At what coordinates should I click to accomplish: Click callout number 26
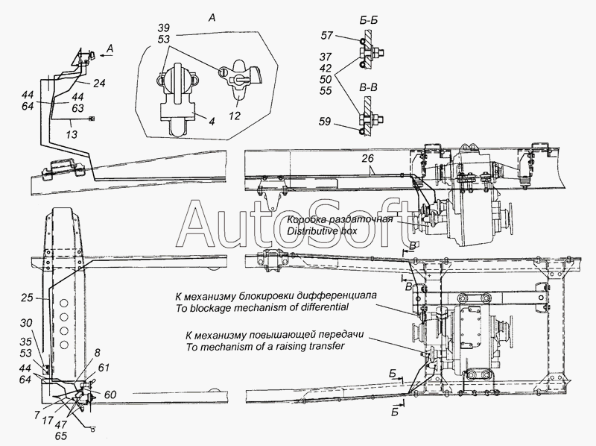[x=367, y=158]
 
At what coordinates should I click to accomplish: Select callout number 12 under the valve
[x=235, y=116]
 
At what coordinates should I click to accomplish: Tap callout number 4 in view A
[x=212, y=121]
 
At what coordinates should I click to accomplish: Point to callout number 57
[x=326, y=35]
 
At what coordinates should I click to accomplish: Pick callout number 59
[x=326, y=122]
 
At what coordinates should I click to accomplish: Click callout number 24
[x=99, y=83]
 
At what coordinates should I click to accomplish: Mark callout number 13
[x=72, y=134]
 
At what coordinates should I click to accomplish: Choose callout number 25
[x=28, y=298]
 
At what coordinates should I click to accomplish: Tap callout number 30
[x=26, y=324]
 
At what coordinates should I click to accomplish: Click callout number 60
[x=110, y=395]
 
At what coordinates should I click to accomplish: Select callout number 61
[x=104, y=368]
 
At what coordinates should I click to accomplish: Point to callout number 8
[x=98, y=354]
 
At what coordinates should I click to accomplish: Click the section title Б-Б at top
[x=368, y=21]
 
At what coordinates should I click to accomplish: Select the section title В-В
[x=368, y=89]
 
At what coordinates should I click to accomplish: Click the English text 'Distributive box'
[x=322, y=231]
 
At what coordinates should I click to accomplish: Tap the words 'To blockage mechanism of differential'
[x=262, y=307]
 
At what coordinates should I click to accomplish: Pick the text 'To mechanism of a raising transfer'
[x=265, y=347]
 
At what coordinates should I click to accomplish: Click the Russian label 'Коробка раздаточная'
[x=340, y=220]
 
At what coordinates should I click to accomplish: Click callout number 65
[x=61, y=436]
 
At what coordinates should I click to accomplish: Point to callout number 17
[x=48, y=421]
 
